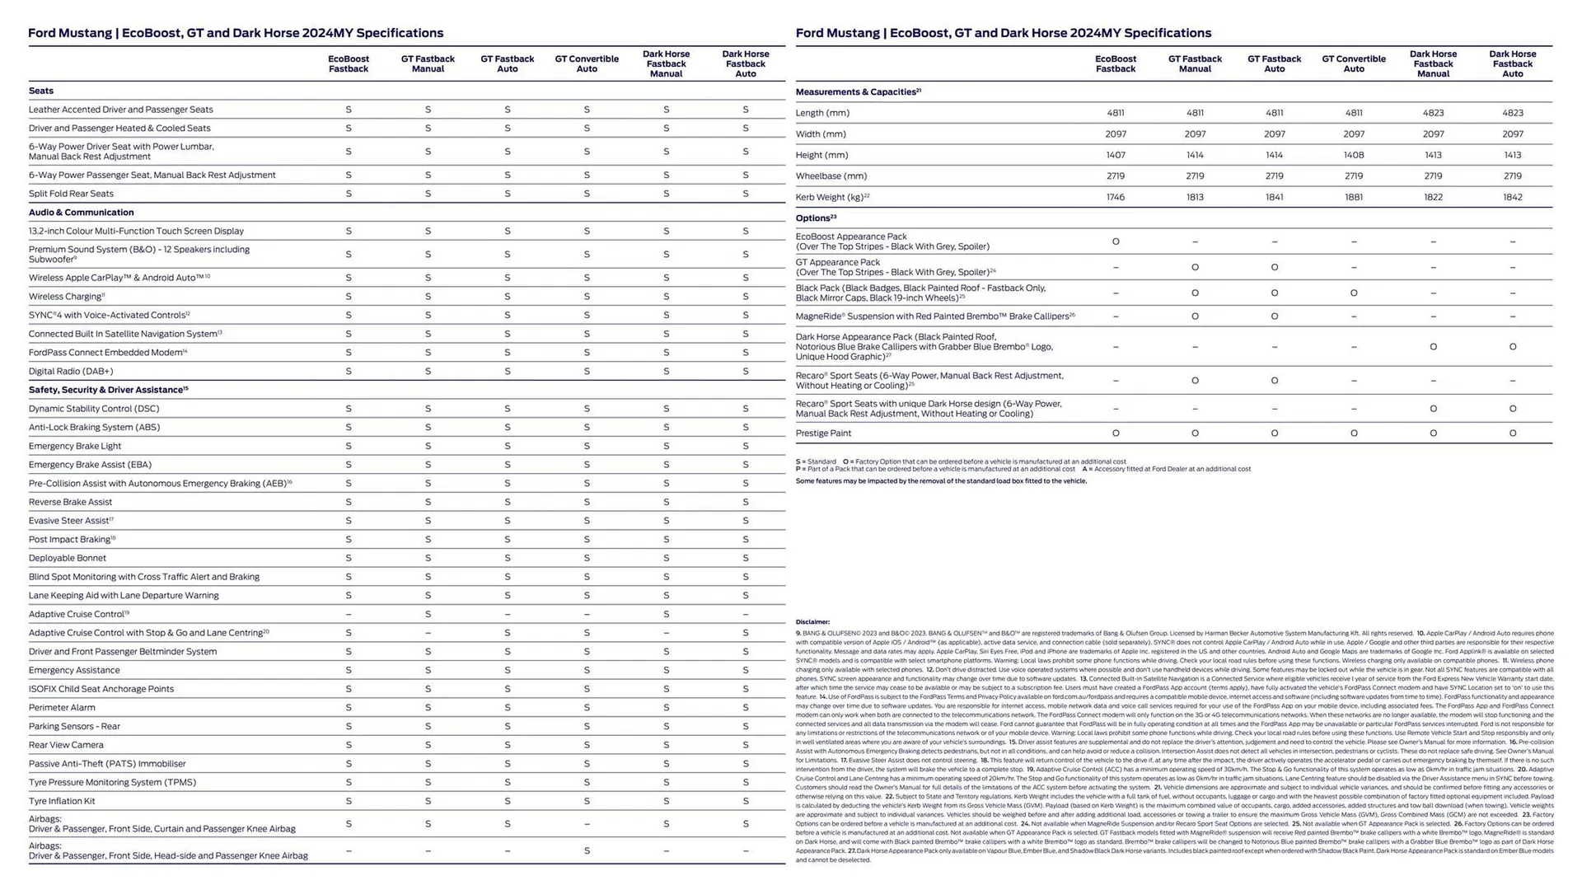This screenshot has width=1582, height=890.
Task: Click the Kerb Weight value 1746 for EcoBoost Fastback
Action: click(1115, 197)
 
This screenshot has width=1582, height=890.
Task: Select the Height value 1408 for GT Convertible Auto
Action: click(1353, 155)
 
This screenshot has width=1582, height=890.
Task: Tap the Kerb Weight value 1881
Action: click(1353, 197)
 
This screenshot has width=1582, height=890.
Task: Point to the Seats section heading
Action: click(41, 91)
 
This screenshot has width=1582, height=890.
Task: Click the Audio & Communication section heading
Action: click(81, 213)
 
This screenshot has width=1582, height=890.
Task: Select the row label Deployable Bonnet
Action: click(68, 558)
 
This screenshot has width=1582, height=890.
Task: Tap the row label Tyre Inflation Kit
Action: click(62, 801)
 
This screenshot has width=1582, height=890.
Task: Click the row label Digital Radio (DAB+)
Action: click(71, 371)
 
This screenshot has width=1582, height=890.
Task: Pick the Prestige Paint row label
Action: click(823, 433)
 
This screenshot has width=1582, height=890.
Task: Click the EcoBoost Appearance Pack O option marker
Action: click(1116, 241)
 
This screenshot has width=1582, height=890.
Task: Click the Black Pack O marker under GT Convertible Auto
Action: click(1353, 293)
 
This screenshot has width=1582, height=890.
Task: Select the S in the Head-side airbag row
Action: click(587, 850)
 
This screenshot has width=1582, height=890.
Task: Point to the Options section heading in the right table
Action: click(815, 218)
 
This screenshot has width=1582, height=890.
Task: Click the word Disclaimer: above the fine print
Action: click(812, 622)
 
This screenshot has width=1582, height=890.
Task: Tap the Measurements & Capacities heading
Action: click(857, 92)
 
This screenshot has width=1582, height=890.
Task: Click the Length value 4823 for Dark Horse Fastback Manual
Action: click(1433, 113)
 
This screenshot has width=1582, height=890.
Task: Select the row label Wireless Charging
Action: click(65, 297)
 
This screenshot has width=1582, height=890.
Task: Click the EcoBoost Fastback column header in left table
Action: click(349, 64)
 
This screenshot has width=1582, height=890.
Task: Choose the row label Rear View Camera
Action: click(66, 745)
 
